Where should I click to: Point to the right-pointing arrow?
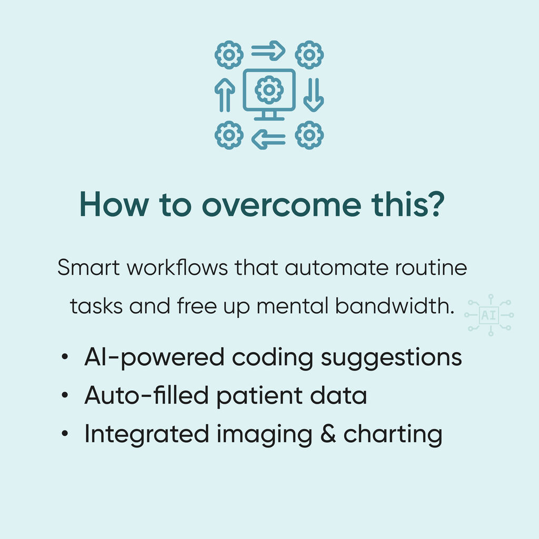[x=268, y=51]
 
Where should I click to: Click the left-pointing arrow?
[x=268, y=139]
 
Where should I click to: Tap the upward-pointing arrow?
[x=225, y=95]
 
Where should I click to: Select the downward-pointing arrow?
[x=314, y=95]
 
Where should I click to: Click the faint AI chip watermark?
[x=489, y=315]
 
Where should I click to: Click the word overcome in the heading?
[x=282, y=205]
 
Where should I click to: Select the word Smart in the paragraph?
[x=88, y=267]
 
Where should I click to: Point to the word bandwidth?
[x=395, y=306]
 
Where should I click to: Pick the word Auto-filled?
[x=146, y=395]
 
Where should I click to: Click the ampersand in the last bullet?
[x=328, y=434]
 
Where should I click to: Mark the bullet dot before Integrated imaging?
[x=65, y=434]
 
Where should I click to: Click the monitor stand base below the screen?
[x=269, y=119]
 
